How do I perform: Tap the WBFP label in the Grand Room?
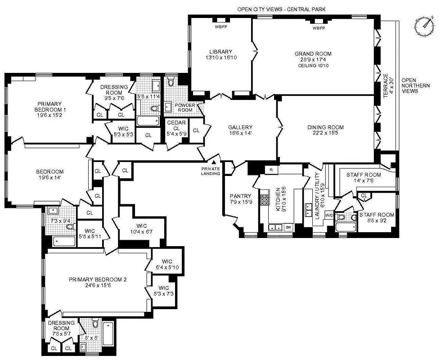pyautogui.click(x=319, y=28)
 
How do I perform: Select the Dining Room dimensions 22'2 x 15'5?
pyautogui.click(x=325, y=134)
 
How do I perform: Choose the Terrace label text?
pyautogui.click(x=386, y=85)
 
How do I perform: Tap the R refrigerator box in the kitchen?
pyautogui.click(x=271, y=170)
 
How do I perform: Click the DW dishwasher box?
pyautogui.click(x=288, y=227)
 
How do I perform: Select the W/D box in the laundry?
pyautogui.click(x=329, y=215)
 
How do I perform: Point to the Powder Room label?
pyautogui.click(x=185, y=108)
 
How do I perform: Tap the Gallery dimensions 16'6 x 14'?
pyautogui.click(x=240, y=134)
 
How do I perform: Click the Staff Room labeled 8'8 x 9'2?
pyautogui.click(x=376, y=218)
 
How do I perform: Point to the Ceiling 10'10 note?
pyautogui.click(x=313, y=66)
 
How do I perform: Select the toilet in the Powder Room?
pyautogui.click(x=171, y=81)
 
